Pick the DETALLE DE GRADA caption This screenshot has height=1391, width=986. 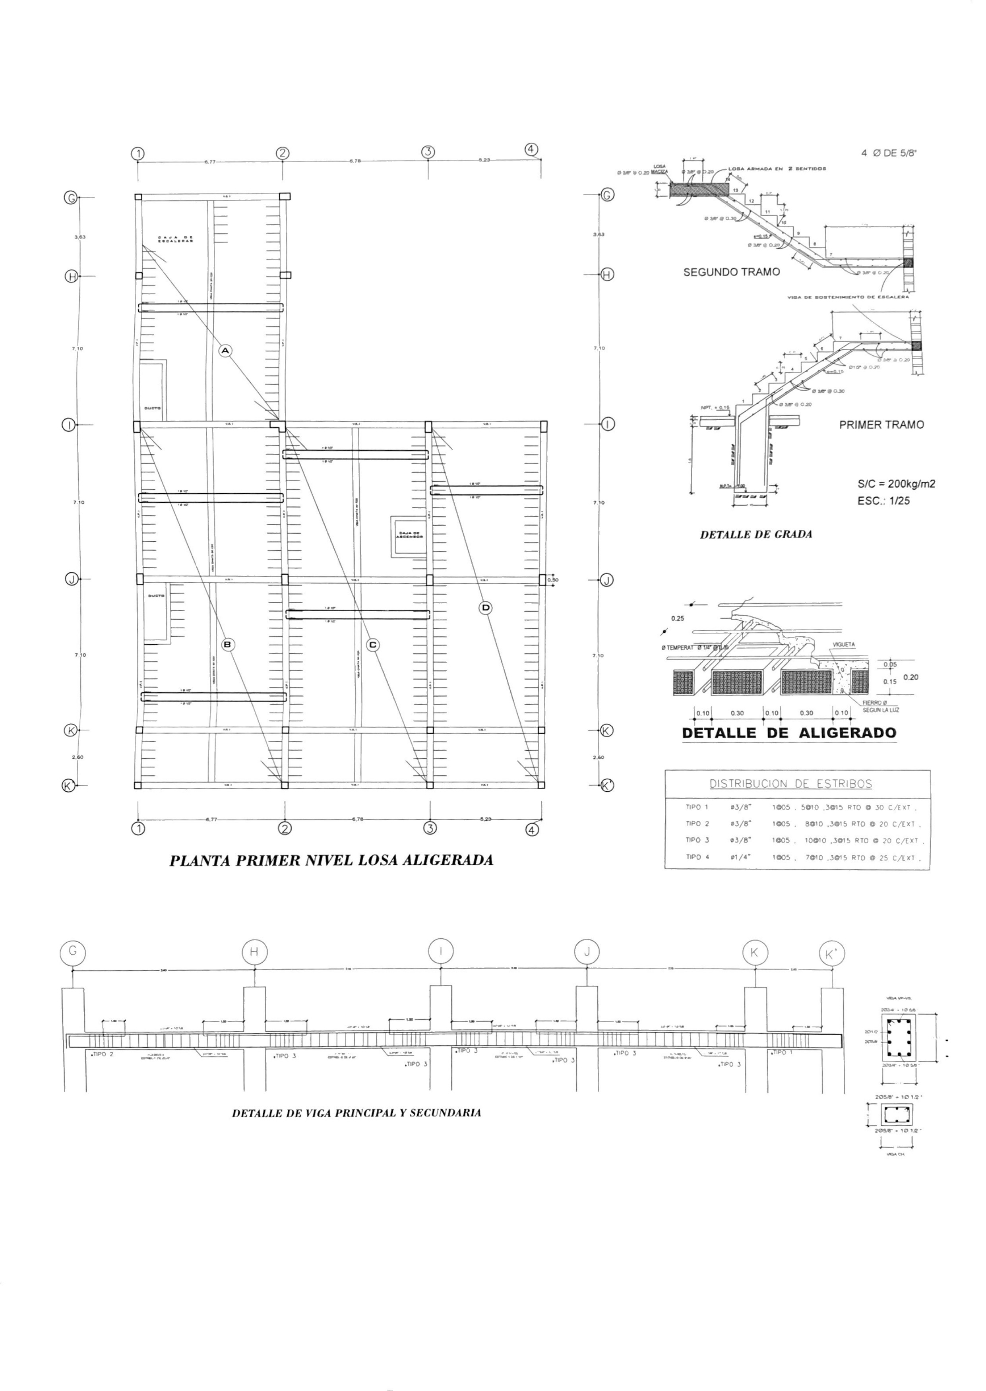[x=756, y=535]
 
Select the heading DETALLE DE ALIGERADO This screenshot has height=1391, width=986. [x=788, y=733]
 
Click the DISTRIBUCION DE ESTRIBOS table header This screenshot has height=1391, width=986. [x=790, y=784]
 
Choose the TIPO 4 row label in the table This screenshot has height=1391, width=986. [x=697, y=857]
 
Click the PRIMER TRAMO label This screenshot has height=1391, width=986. [x=881, y=425]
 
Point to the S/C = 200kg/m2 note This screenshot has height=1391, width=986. [x=896, y=484]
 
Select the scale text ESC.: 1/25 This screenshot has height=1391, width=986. [x=883, y=502]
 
